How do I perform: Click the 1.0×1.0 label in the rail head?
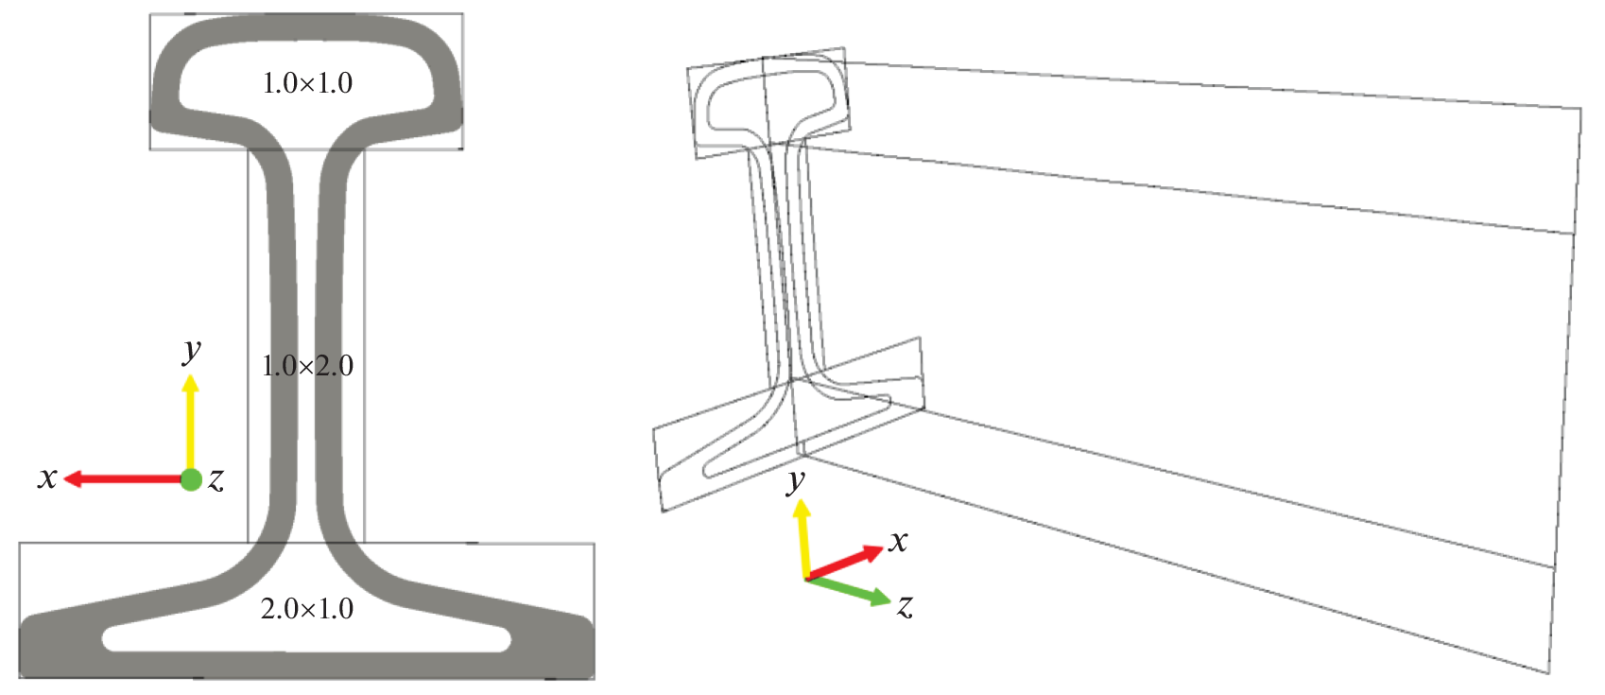pos(307,83)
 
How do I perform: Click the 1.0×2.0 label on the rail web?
pos(307,366)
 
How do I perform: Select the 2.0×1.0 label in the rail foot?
pos(307,609)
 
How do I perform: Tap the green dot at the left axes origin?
pos(191,479)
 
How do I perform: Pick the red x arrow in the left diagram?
pos(123,478)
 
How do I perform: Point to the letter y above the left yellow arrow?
pos(192,351)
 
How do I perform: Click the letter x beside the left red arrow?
pos(47,478)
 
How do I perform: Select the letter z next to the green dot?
pos(216,479)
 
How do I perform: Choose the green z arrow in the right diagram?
pos(849,591)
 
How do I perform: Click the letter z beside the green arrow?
pos(906,606)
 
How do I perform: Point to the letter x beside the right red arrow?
pos(899,541)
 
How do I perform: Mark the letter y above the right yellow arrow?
pos(795,481)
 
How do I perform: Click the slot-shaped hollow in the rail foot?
pos(306,637)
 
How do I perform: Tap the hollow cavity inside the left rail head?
pos(306,82)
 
